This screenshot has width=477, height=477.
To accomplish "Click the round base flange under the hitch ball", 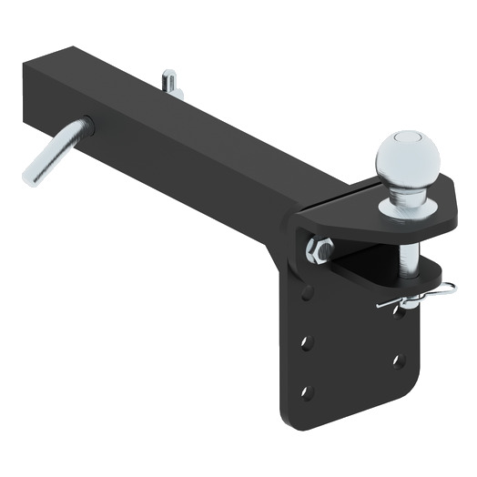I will coord(407,208).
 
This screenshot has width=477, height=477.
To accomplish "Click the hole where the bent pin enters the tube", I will coord(87,126).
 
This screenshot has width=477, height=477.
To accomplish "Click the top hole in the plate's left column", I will coord(307,292).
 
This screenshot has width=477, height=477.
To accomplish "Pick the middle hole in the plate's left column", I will coord(307,342).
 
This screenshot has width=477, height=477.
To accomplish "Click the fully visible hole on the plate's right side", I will coord(398,360).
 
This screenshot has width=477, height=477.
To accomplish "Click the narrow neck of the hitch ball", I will coord(406,188).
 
